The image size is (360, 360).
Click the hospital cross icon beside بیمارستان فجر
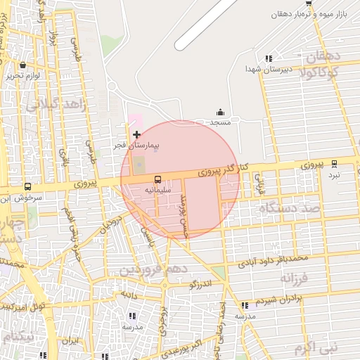[136, 134]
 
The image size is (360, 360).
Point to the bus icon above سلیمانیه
[157, 179]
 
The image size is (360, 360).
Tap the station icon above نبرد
[334, 164]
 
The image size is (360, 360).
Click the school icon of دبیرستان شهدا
[269, 59]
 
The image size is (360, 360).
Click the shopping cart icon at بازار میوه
[309, 4]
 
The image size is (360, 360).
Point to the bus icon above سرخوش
[27, 187]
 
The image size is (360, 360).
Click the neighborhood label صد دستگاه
[289, 208]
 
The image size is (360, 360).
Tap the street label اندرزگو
[200, 284]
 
